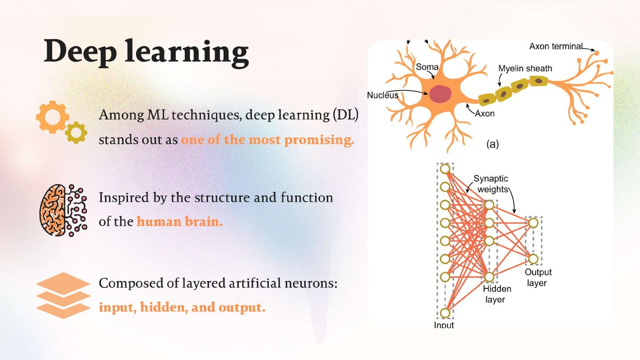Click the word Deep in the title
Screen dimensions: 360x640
pyautogui.click(x=80, y=52)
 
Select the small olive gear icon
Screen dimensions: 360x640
pyautogui.click(x=76, y=132)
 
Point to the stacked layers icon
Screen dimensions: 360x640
pyautogui.click(x=63, y=296)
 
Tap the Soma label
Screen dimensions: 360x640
pyautogui.click(x=427, y=68)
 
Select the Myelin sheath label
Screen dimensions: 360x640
pyautogui.click(x=525, y=68)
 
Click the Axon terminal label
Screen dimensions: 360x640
pyautogui.click(x=555, y=47)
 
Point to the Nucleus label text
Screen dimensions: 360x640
pyautogui.click(x=382, y=95)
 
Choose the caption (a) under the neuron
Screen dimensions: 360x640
pyautogui.click(x=492, y=144)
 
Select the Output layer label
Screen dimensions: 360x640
pyautogui.click(x=538, y=277)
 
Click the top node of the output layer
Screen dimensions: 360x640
pyautogui.click(x=533, y=223)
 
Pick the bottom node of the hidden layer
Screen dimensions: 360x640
pyautogui.click(x=489, y=277)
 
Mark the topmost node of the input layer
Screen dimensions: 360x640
pyautogui.click(x=444, y=169)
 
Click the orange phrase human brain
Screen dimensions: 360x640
pyautogui.click(x=180, y=221)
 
